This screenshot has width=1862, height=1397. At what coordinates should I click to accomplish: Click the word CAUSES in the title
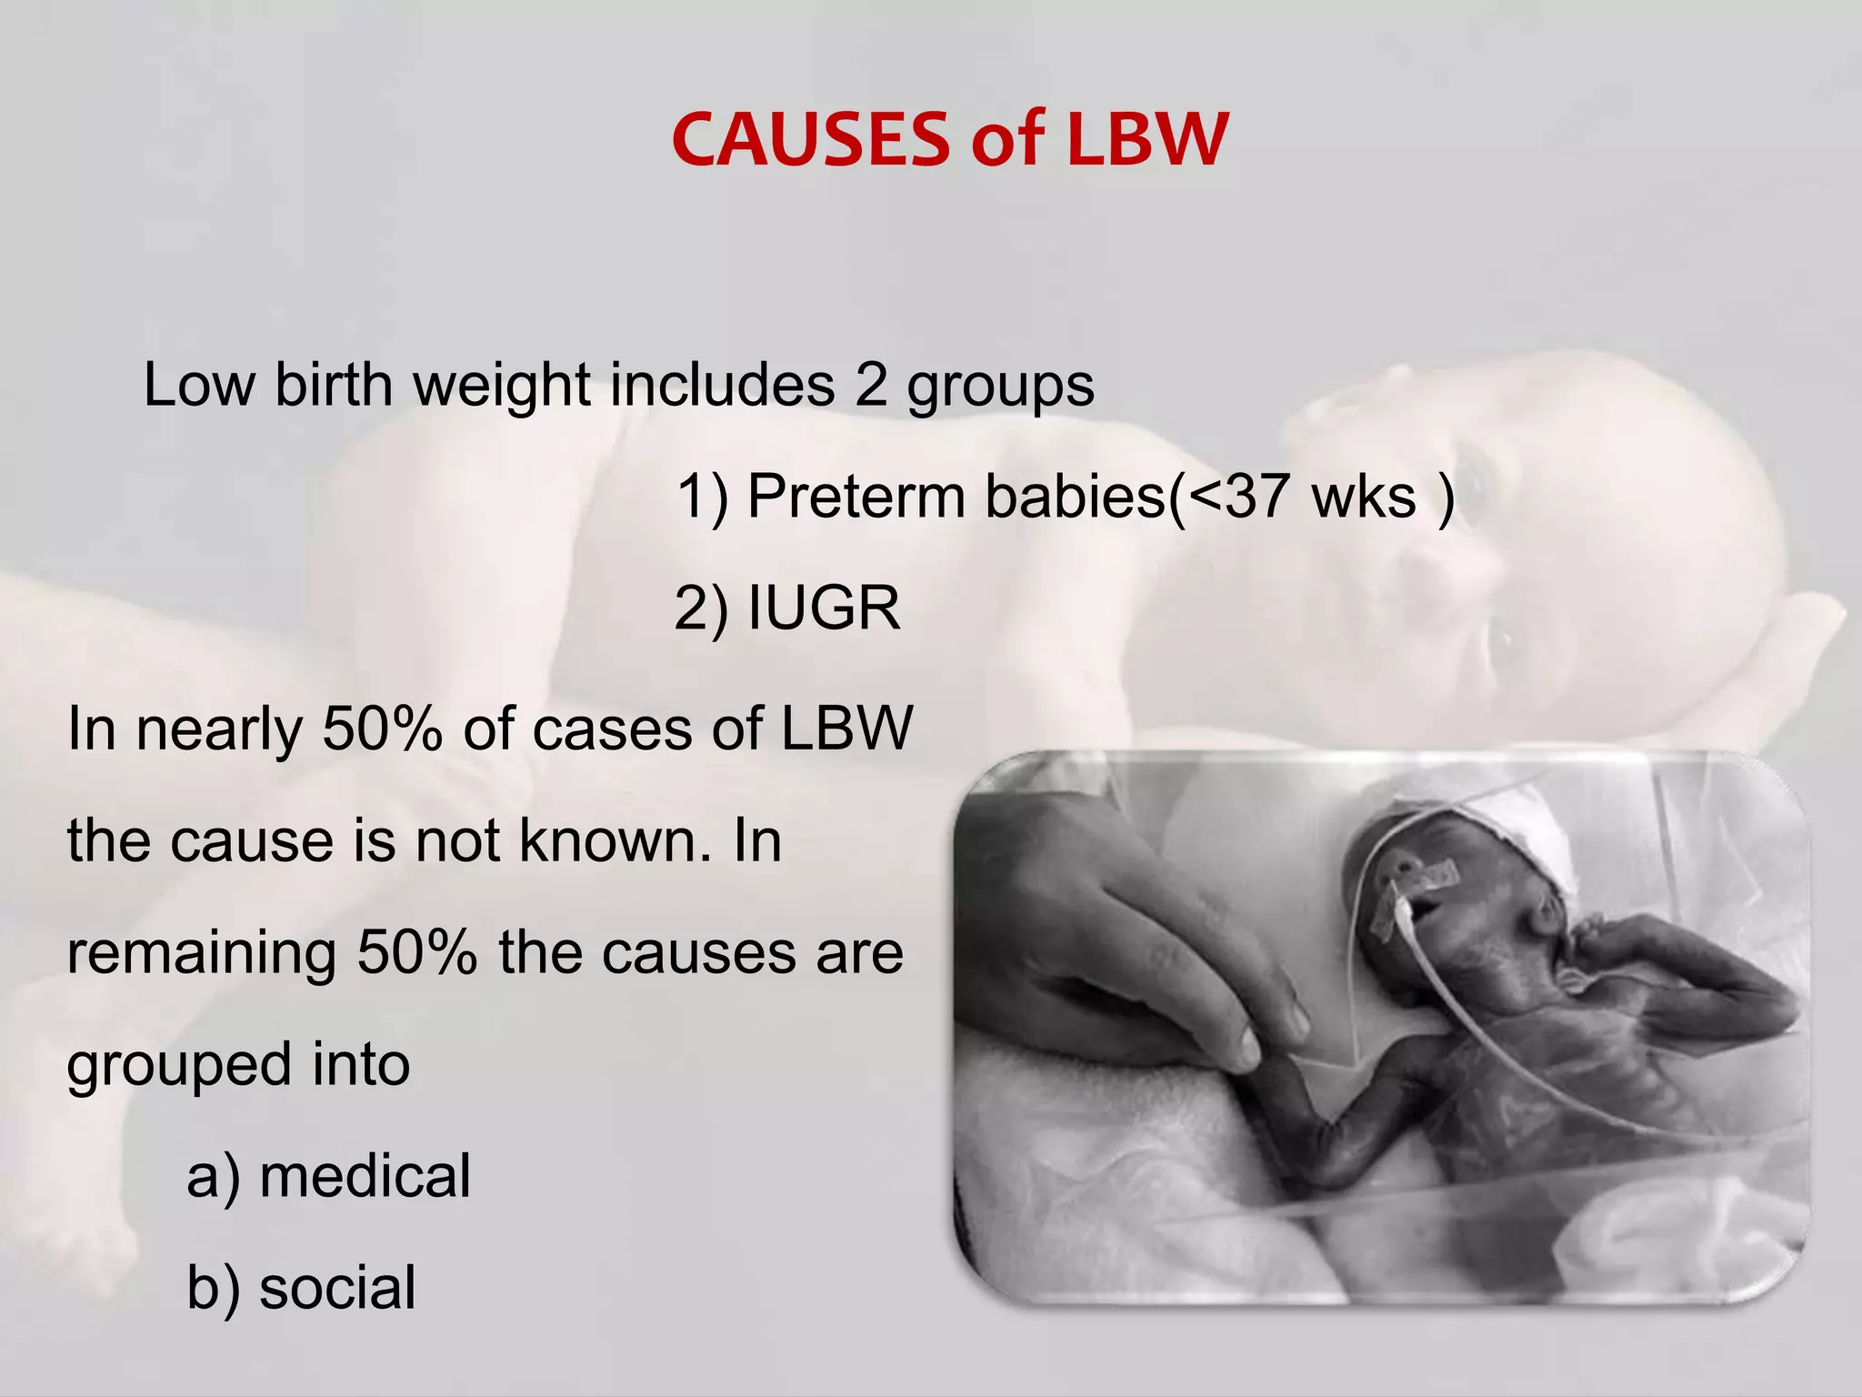(x=810, y=140)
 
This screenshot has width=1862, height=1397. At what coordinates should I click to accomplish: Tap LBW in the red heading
(x=1147, y=140)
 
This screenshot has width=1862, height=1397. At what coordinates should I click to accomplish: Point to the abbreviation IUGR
(x=823, y=608)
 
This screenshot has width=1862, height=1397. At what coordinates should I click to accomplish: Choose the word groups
(x=1000, y=386)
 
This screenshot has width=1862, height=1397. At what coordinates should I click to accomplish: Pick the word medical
(x=365, y=1176)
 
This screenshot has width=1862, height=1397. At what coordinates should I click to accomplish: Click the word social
(x=337, y=1288)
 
